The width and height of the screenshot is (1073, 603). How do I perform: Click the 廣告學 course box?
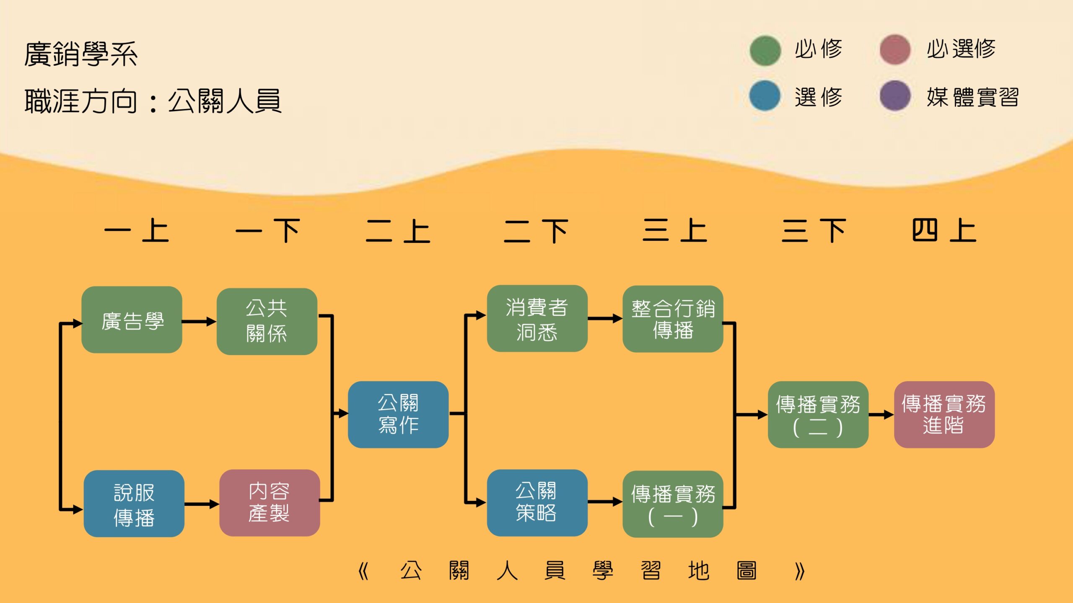[132, 320]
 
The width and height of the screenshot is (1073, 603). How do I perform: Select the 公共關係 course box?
[267, 321]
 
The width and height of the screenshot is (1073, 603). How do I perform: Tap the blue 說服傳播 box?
[134, 504]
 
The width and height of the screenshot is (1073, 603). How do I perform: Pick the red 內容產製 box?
[269, 503]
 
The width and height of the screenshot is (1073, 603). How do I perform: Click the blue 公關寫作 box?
[398, 415]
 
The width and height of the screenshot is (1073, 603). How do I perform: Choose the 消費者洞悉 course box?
[537, 319]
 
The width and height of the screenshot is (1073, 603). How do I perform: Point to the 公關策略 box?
[537, 503]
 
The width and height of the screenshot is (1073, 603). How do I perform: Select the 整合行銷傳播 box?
[673, 319]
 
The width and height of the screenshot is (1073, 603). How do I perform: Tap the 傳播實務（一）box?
[673, 504]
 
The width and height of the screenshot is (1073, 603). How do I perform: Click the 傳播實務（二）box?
[818, 415]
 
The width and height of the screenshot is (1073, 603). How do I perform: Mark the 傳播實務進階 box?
[944, 415]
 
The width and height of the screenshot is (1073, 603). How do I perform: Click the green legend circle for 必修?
[765, 51]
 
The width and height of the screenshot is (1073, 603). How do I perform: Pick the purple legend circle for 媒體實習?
[895, 96]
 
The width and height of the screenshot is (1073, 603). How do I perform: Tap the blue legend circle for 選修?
[765, 96]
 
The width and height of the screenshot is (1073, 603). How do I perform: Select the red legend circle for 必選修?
[895, 50]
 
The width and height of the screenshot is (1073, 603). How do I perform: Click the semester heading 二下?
[536, 231]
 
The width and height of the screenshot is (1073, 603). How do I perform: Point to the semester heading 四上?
[944, 230]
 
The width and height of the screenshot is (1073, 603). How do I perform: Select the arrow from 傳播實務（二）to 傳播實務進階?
[881, 415]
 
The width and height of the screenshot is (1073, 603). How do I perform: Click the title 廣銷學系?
[81, 54]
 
